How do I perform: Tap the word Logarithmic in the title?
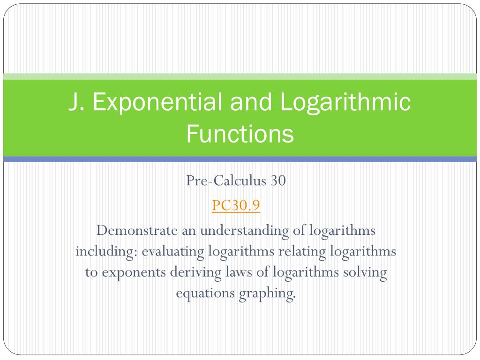tap(346, 103)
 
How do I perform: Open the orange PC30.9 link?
tap(236, 205)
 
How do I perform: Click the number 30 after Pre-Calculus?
tap(277, 181)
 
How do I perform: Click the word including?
tap(106, 251)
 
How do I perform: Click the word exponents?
tap(129, 272)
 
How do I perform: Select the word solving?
tap(365, 272)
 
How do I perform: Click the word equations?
tap(206, 293)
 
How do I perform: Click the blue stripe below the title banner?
tap(240, 159)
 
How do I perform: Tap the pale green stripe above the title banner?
tap(240, 76)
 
